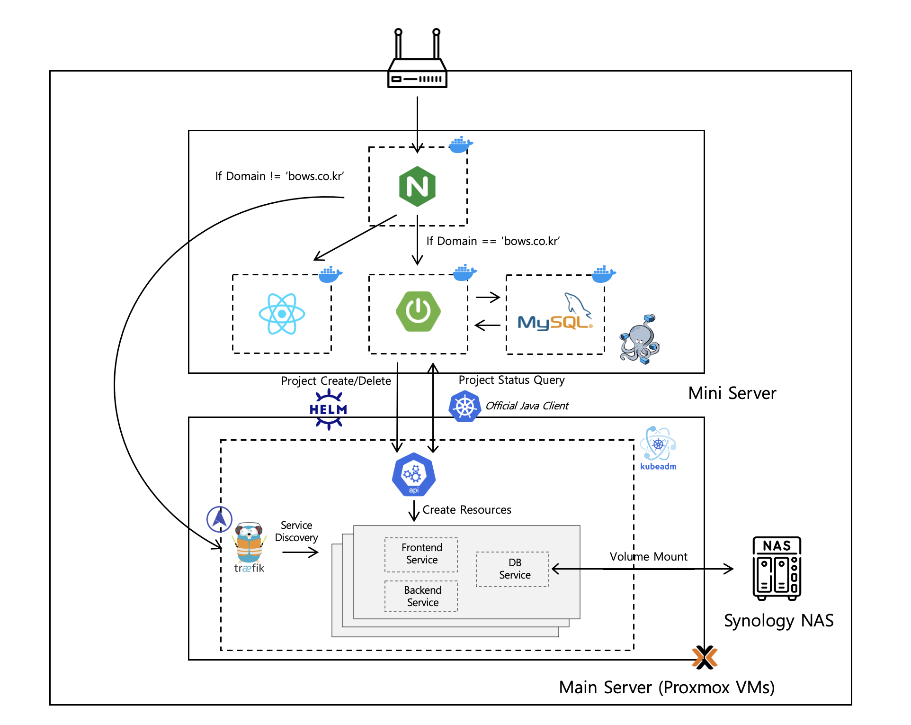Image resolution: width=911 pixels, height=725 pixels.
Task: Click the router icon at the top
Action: pyautogui.click(x=417, y=62)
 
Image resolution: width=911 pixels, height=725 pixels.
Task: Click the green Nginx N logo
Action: pyautogui.click(x=417, y=186)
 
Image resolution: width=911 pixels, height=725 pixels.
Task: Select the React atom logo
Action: pyautogui.click(x=282, y=314)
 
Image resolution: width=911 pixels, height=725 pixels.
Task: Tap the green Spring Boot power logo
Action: pyautogui.click(x=418, y=311)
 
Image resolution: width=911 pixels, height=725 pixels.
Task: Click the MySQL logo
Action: pyautogui.click(x=555, y=315)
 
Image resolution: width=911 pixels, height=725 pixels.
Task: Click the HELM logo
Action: pyautogui.click(x=329, y=409)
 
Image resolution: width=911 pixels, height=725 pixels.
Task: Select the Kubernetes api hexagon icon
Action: pyautogui.click(x=414, y=474)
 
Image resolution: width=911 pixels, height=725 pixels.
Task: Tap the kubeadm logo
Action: pyautogui.click(x=658, y=448)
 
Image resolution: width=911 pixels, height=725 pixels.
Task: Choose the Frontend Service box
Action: pyautogui.click(x=421, y=554)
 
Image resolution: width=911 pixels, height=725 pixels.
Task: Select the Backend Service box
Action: pyautogui.click(x=422, y=596)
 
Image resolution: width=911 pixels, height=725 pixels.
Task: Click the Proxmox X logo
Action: pyautogui.click(x=705, y=657)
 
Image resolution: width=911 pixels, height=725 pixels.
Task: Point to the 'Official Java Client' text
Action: pyautogui.click(x=527, y=406)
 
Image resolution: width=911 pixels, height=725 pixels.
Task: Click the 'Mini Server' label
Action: pyautogui.click(x=732, y=393)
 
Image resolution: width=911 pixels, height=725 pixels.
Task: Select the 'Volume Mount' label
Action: pyautogui.click(x=648, y=557)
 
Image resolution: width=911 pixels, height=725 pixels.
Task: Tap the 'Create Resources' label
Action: pyautogui.click(x=467, y=510)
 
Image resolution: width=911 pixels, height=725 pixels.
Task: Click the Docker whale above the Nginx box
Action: pyautogui.click(x=460, y=145)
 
